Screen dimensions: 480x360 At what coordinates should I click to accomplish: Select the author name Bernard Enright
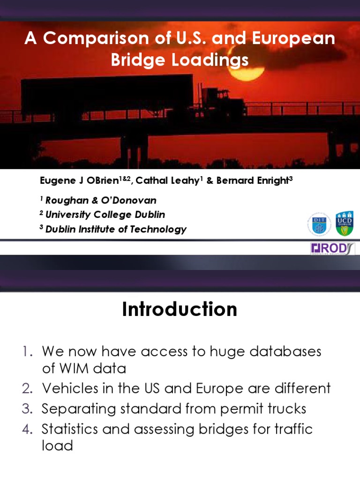pos(253,181)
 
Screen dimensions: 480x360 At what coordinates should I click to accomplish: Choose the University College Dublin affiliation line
pos(105,215)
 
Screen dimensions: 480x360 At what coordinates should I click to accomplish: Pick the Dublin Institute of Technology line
pos(115,229)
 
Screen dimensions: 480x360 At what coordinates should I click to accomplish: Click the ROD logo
pos(333,248)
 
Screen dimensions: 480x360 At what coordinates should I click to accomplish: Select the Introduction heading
pos(180,310)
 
